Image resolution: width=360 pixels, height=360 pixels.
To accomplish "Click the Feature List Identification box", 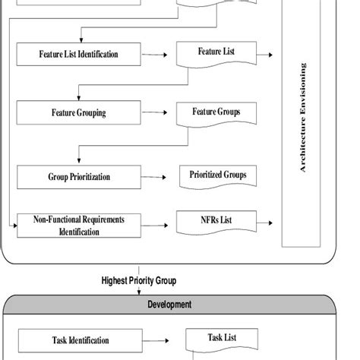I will pos(79,55).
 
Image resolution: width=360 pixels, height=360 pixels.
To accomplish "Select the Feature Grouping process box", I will pos(79,114).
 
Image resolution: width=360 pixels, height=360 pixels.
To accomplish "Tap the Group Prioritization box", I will pos(79,177).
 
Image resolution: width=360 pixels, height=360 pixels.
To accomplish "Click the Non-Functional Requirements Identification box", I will pos(79,226).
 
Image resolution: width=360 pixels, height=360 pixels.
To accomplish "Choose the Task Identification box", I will pos(80,340).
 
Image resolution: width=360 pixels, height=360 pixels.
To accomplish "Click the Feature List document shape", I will pos(216,54).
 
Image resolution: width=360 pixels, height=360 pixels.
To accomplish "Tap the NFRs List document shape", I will pos(216,223).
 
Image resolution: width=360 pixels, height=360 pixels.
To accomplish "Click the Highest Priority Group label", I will pos(139,280).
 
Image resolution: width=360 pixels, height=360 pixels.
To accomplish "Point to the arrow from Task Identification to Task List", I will pos(161,340).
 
